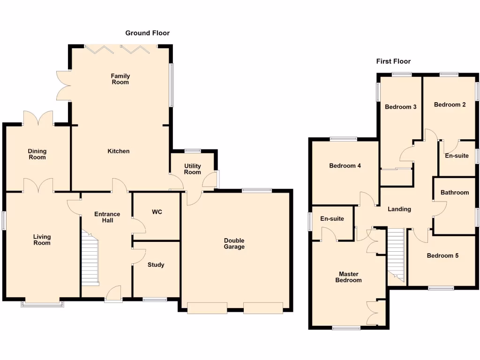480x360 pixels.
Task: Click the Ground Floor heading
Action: (x=147, y=33)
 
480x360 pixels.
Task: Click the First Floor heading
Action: (x=393, y=61)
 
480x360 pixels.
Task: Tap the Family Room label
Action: (x=120, y=79)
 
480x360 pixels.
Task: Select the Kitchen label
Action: (x=119, y=151)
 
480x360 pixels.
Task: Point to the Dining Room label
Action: (x=37, y=154)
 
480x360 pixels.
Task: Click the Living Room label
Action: (x=42, y=240)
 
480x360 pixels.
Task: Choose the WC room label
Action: (x=157, y=212)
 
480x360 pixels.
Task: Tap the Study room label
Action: (x=156, y=265)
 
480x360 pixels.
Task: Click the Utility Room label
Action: (x=192, y=169)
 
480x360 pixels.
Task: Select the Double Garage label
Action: (x=234, y=244)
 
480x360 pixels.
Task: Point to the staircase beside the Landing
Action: (x=396, y=255)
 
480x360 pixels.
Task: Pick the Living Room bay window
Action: (x=42, y=304)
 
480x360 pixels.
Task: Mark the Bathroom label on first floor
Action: (x=455, y=193)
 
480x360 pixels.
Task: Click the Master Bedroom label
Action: (x=348, y=277)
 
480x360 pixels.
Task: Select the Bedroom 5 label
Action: (x=442, y=256)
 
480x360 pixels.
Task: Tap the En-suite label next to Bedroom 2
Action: (x=457, y=156)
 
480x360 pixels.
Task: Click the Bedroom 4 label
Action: (x=345, y=166)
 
